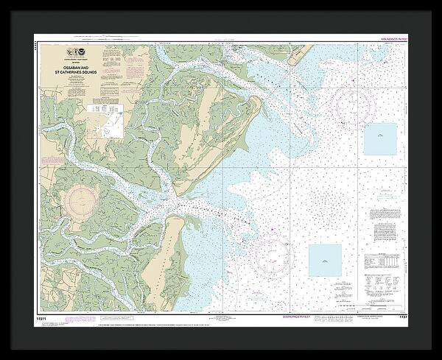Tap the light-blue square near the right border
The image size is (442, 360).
click(380, 139)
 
